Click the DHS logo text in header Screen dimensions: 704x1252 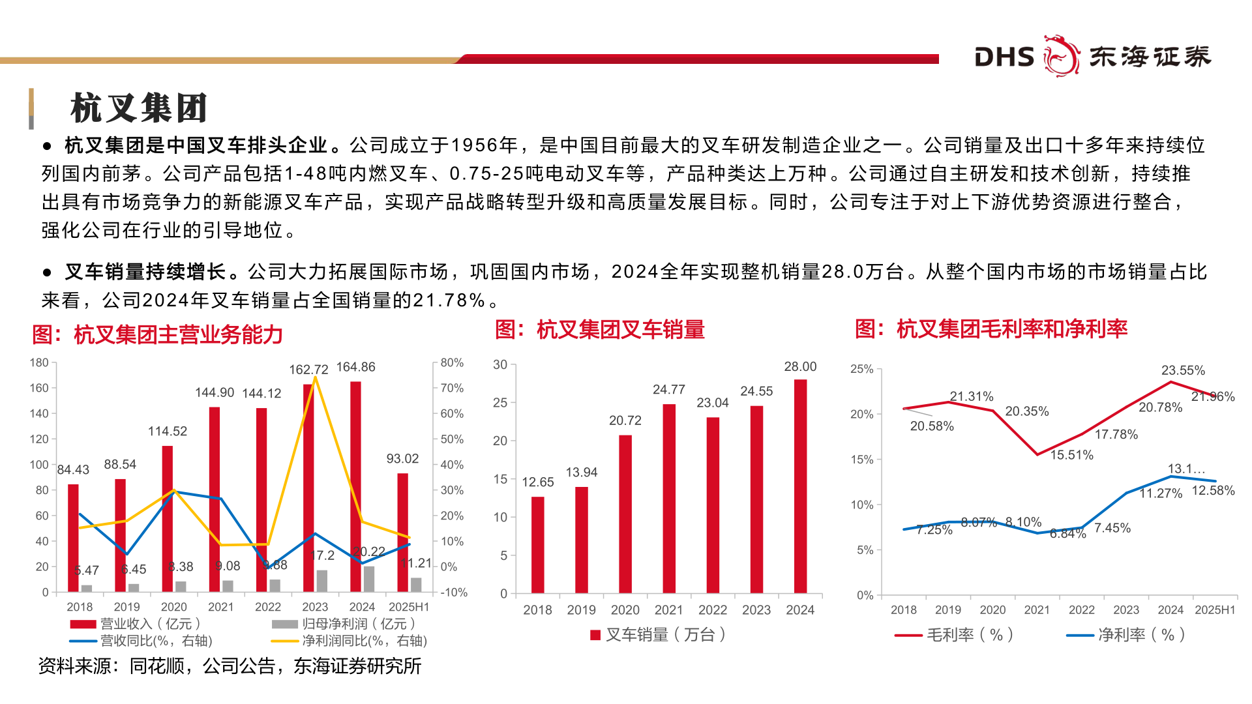coord(1004,57)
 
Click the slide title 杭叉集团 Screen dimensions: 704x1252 coord(138,108)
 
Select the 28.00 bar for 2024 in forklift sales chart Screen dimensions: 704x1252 coord(800,486)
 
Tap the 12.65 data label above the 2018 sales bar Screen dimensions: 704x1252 coord(537,482)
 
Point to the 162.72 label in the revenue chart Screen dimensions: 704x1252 coord(308,370)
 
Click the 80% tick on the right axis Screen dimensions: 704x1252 coord(452,362)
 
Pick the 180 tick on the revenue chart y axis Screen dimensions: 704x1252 coord(39,362)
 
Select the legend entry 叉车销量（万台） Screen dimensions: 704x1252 coord(659,634)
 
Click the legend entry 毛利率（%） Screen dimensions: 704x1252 coord(955,634)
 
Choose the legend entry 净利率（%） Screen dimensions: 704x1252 coord(1127,634)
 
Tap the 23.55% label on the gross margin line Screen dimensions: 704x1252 coord(1183,370)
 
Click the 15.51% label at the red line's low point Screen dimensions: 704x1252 coord(1071,455)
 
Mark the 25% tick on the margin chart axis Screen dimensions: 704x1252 coord(861,369)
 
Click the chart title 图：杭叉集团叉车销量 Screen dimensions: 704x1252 coord(600,330)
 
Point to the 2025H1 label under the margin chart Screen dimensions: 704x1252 coord(1215,610)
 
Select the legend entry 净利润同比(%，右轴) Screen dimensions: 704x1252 coord(351,641)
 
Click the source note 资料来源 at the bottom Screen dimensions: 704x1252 coord(230,666)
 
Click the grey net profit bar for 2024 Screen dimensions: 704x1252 coord(369,578)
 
